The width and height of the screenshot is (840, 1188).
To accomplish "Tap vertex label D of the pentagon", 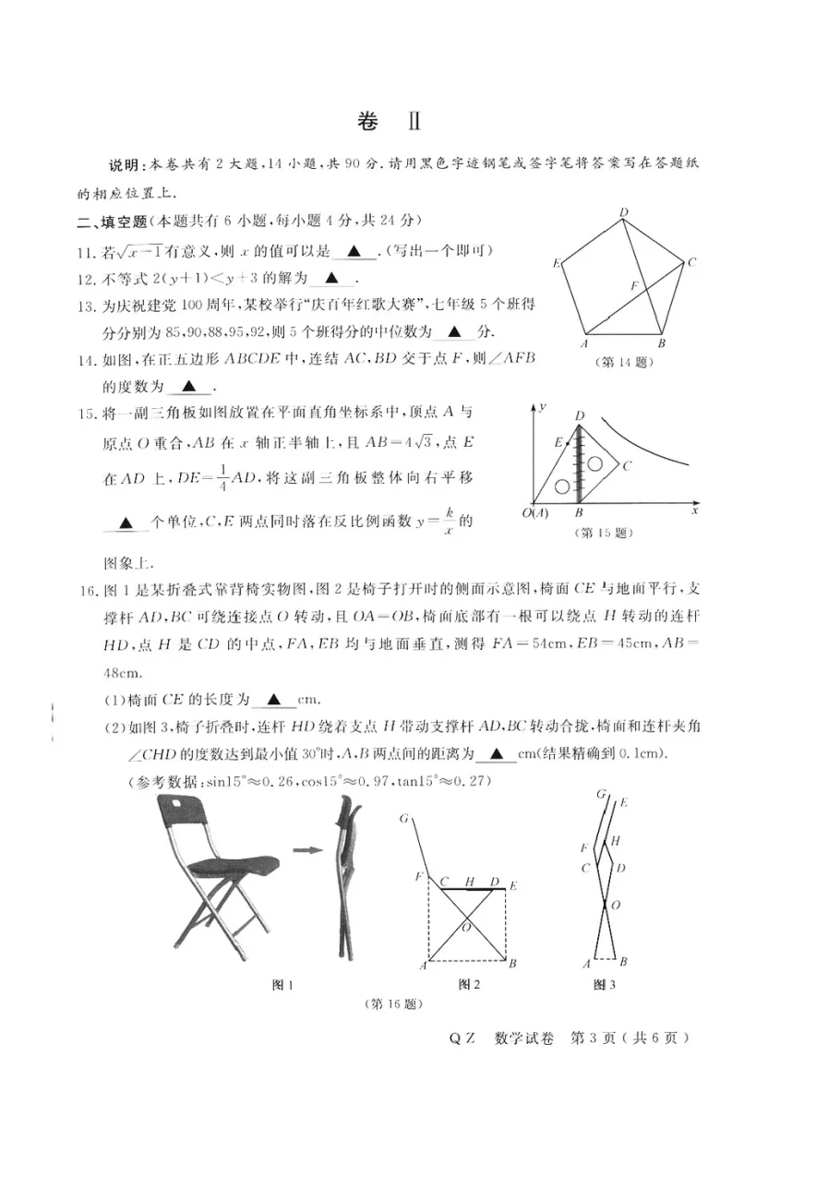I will (x=624, y=213).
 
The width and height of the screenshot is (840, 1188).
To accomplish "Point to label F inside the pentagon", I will (x=634, y=286).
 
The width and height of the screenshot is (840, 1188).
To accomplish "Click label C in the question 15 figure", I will (x=626, y=466).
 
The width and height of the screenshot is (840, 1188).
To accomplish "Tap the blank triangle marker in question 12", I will (x=332, y=278).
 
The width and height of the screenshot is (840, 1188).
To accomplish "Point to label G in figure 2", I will (x=404, y=818).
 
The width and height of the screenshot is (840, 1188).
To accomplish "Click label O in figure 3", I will (x=616, y=906).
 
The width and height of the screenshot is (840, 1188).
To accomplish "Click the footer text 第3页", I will (x=598, y=1038).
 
